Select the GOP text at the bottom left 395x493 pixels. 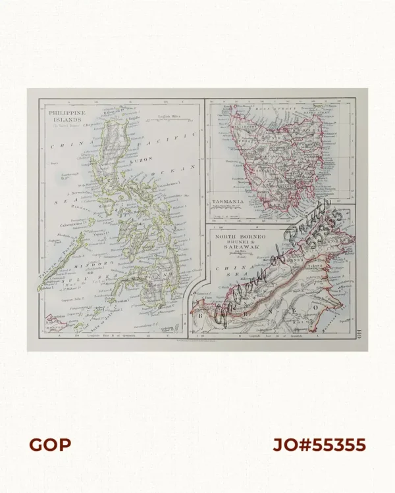pos(49,445)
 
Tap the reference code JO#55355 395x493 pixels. pos(319,445)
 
